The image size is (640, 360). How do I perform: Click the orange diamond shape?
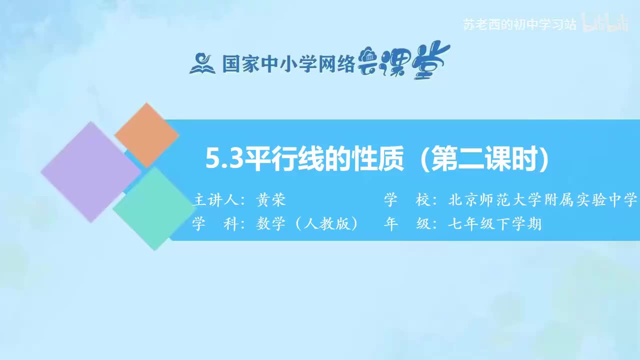(x=146, y=134)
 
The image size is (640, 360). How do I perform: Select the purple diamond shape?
(x=90, y=171)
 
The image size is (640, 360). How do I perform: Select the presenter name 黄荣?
(x=270, y=200)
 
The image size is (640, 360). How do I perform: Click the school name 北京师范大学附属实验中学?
(x=543, y=200)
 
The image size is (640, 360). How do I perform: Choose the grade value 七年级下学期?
(x=495, y=224)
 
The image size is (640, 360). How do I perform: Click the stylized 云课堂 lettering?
(x=404, y=62)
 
